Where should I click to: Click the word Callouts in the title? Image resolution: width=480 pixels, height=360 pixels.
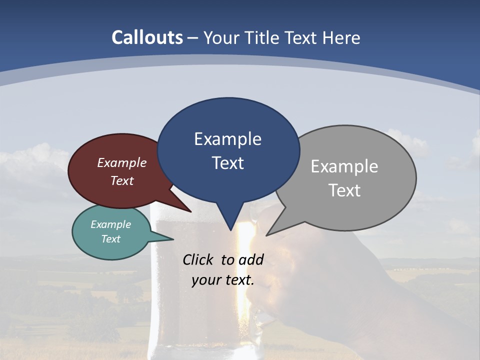(147, 37)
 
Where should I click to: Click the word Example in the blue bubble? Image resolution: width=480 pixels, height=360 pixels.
(227, 139)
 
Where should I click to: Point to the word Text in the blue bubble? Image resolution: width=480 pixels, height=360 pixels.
(227, 163)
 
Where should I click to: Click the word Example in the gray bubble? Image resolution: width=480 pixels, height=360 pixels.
(344, 166)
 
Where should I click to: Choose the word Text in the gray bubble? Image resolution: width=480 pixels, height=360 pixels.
(345, 190)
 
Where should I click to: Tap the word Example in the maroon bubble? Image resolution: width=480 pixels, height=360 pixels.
(122, 162)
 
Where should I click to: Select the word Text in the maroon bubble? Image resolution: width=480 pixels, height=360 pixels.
(122, 180)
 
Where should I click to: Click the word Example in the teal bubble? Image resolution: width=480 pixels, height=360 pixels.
(110, 224)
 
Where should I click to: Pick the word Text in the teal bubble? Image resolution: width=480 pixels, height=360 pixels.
(110, 239)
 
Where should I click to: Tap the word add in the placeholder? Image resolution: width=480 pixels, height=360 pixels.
(251, 259)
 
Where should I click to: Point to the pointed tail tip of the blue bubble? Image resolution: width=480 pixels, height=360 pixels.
(230, 230)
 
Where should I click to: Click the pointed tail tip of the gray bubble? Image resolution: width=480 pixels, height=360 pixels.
(267, 234)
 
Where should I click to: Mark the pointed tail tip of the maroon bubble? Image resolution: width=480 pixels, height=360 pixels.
(191, 211)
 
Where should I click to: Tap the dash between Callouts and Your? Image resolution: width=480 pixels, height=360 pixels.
(193, 38)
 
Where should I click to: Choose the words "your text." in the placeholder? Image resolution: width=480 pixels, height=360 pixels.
(222, 280)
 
